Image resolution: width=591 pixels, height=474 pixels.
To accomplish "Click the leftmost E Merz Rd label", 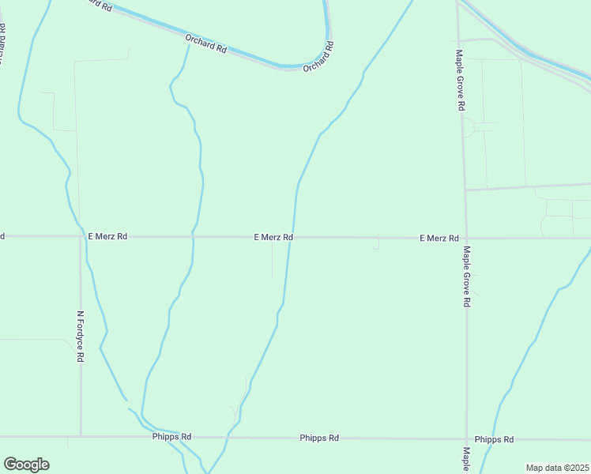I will (107, 236).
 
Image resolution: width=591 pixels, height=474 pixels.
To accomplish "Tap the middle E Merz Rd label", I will (273, 237).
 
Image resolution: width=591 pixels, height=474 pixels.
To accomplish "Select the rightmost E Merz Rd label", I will (439, 238).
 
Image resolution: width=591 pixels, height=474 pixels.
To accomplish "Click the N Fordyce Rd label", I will (80, 336).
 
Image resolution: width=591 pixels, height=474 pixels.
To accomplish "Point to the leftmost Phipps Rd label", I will (172, 437).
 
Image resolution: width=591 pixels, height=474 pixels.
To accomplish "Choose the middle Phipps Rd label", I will (319, 438).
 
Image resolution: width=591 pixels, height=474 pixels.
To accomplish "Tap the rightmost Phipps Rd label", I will (495, 439).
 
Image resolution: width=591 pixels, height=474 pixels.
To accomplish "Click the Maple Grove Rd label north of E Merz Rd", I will (459, 81).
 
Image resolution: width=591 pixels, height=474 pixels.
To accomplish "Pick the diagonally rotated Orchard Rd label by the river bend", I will (318, 58).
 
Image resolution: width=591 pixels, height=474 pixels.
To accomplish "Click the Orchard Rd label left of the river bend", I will (206, 43).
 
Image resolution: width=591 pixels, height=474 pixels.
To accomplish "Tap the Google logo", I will (26, 465).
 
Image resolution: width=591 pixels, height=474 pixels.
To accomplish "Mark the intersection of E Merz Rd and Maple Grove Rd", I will (465, 238).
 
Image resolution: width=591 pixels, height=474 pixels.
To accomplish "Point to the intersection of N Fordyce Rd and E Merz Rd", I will (80, 236).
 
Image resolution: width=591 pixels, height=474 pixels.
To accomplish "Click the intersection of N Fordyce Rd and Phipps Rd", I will (80, 436).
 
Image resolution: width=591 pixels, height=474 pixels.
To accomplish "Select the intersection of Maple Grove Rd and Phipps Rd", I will (466, 438).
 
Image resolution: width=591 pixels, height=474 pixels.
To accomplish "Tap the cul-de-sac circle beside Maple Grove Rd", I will (469, 127).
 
